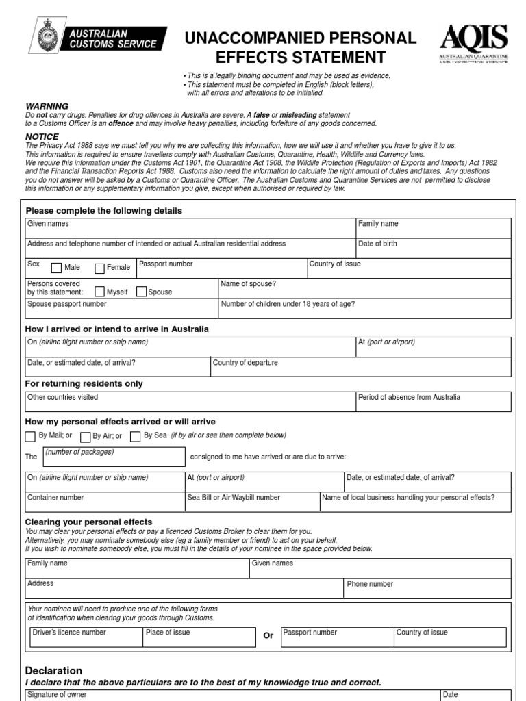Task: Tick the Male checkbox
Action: click(x=56, y=268)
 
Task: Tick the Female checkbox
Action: click(x=99, y=268)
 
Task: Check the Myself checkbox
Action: click(x=99, y=292)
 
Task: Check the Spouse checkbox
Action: click(x=141, y=292)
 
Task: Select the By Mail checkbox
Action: click(x=30, y=436)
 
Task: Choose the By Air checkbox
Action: click(x=85, y=436)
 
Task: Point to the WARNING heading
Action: click(x=47, y=106)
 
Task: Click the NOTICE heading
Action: click(x=42, y=137)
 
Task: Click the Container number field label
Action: click(x=55, y=498)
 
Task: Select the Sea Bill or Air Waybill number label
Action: click(x=234, y=498)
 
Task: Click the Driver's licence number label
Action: click(x=69, y=633)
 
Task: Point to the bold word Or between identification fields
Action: click(x=268, y=635)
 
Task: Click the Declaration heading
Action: click(x=53, y=670)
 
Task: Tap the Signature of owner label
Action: click(x=57, y=694)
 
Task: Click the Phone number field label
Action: click(x=370, y=584)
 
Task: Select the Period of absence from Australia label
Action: click(x=409, y=397)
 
